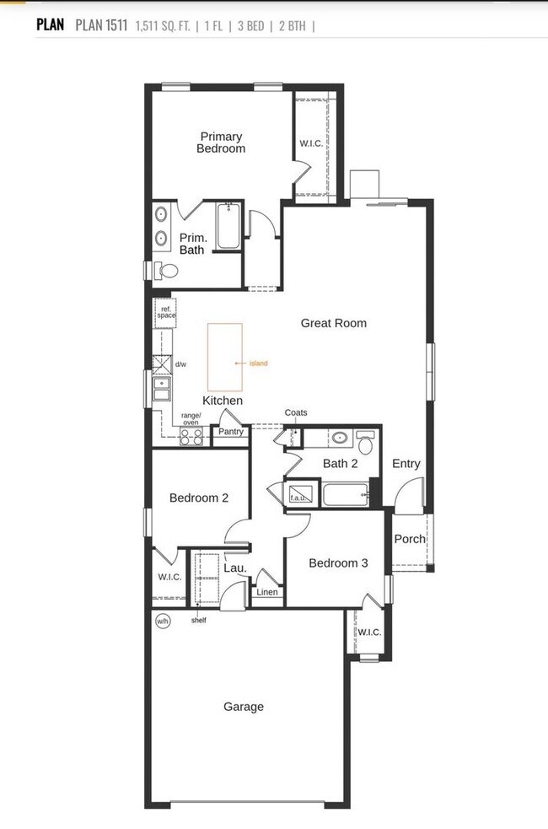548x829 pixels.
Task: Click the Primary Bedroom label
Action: [221, 143]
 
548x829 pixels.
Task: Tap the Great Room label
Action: [334, 323]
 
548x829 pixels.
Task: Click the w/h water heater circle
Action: [163, 621]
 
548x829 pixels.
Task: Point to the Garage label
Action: [244, 707]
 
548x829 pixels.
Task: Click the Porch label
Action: [410, 539]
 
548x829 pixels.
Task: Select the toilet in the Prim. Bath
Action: [167, 271]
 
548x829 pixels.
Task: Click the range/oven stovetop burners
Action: [191, 436]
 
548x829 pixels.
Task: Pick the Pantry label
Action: [230, 432]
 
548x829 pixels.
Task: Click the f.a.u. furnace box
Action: [299, 493]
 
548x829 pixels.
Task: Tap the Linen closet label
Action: [266, 592]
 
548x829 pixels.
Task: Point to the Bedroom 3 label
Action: [338, 563]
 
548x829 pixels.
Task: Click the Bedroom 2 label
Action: [199, 498]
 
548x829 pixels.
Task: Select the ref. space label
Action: [165, 312]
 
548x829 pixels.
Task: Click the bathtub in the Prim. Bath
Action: [228, 226]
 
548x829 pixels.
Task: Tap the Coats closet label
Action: [296, 412]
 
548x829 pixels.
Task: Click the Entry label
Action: [406, 464]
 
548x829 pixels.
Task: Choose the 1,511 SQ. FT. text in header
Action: [162, 25]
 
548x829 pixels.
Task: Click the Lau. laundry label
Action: [234, 568]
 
